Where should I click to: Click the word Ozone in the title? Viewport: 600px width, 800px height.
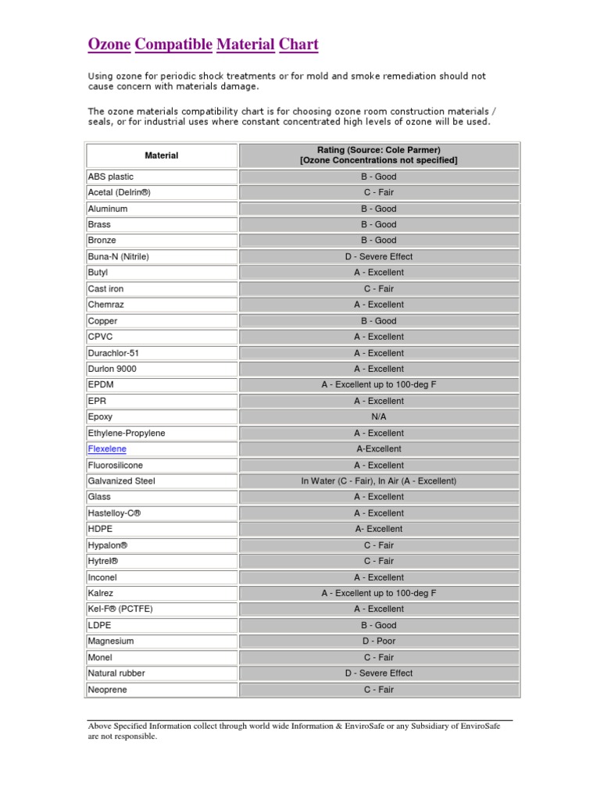click(x=109, y=44)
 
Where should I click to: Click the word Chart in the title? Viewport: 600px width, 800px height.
click(x=298, y=44)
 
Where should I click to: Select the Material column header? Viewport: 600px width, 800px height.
click(x=162, y=155)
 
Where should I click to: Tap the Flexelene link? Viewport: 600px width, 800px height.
click(x=107, y=449)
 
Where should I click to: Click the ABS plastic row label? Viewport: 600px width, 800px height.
click(x=111, y=177)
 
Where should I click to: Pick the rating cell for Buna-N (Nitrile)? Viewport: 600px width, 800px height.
click(x=379, y=256)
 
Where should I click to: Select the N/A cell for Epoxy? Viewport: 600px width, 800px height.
click(x=379, y=417)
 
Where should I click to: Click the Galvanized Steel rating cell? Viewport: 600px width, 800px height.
click(x=379, y=481)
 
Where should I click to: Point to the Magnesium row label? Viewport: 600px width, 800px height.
click(x=111, y=641)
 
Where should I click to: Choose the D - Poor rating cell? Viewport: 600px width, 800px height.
click(x=379, y=641)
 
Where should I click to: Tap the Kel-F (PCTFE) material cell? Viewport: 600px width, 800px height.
click(x=120, y=609)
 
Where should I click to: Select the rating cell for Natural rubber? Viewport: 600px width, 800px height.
click(x=379, y=673)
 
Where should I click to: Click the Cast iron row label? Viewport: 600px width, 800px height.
click(x=106, y=289)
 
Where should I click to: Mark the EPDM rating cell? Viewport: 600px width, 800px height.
click(x=379, y=385)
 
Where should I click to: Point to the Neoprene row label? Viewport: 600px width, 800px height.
click(x=108, y=690)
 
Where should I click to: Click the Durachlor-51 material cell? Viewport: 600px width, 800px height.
click(x=114, y=353)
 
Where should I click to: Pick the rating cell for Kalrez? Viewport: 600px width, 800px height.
click(x=379, y=594)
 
